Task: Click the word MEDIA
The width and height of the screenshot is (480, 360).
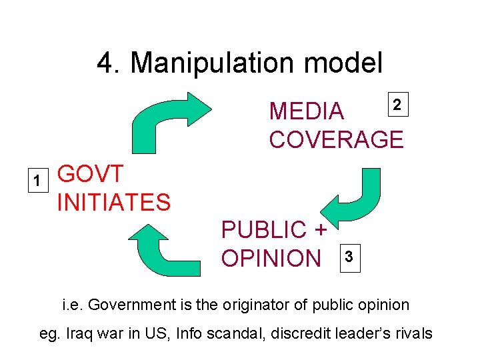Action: click(x=306, y=112)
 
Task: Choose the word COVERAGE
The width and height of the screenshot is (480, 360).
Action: click(x=336, y=139)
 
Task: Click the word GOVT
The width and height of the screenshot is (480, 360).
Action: click(x=91, y=174)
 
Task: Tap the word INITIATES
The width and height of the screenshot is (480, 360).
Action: click(x=113, y=201)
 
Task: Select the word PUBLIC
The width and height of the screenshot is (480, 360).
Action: click(x=263, y=229)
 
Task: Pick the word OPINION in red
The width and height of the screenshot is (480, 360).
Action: click(x=271, y=257)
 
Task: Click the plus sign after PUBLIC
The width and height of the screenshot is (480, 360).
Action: click(x=319, y=229)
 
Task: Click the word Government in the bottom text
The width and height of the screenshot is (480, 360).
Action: click(x=127, y=305)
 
